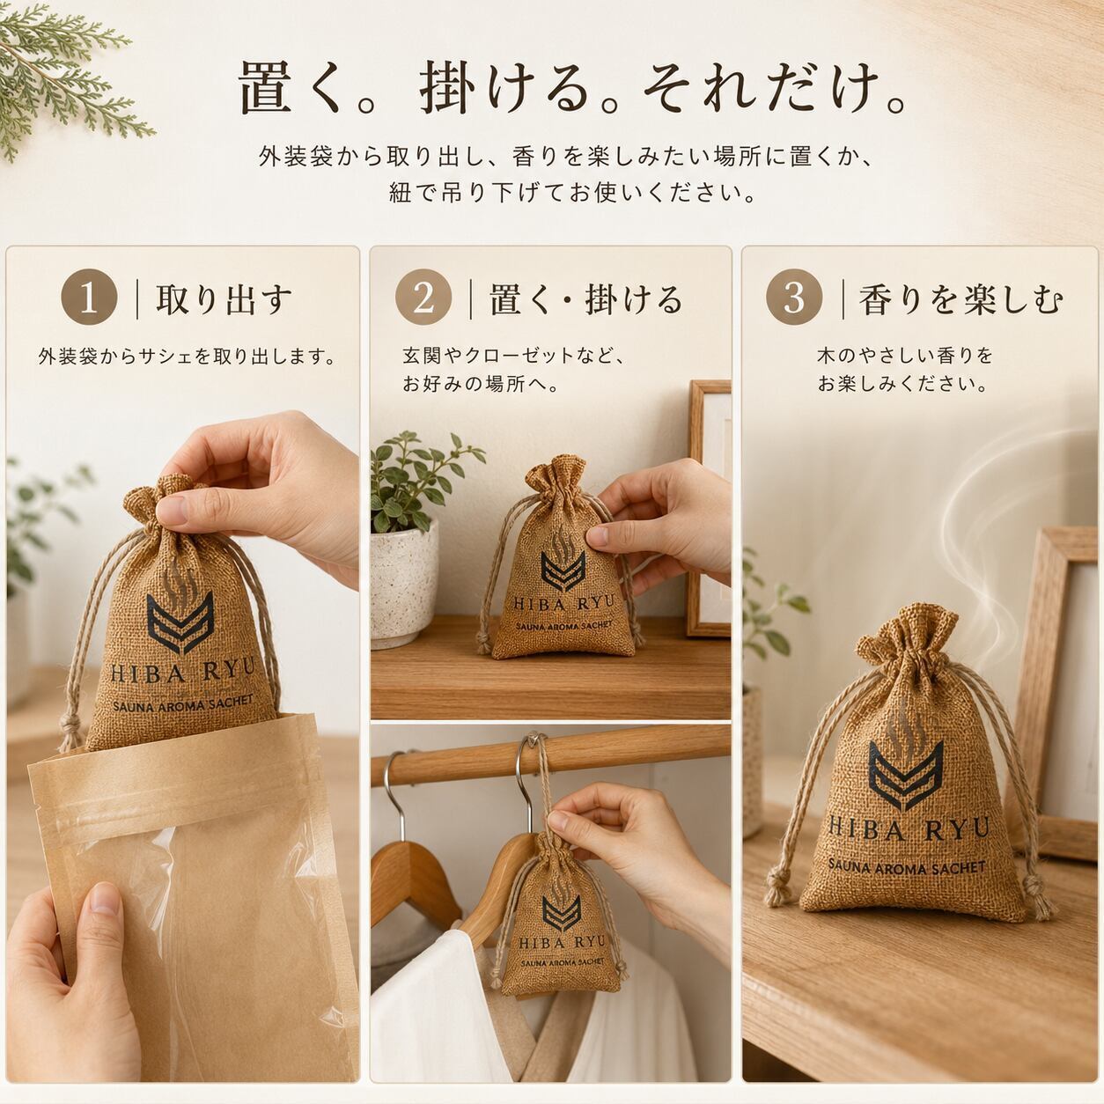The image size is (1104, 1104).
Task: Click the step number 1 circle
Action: pyautogui.click(x=90, y=298)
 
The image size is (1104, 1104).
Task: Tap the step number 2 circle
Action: pyautogui.click(x=423, y=298)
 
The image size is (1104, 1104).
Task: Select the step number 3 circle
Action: pyautogui.click(x=794, y=298)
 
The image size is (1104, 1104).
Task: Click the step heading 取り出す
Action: pyautogui.click(x=224, y=299)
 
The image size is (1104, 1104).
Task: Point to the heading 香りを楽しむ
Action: pyautogui.click(x=960, y=299)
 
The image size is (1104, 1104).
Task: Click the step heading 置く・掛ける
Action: pyautogui.click(x=586, y=299)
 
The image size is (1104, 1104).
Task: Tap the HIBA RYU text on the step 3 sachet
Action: pyautogui.click(x=909, y=828)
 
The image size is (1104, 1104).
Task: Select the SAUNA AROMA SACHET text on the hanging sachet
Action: pyautogui.click(x=562, y=962)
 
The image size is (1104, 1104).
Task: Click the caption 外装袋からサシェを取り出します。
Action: pyautogui.click(x=187, y=357)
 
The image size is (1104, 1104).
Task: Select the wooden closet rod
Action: pyautogui.click(x=550, y=755)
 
